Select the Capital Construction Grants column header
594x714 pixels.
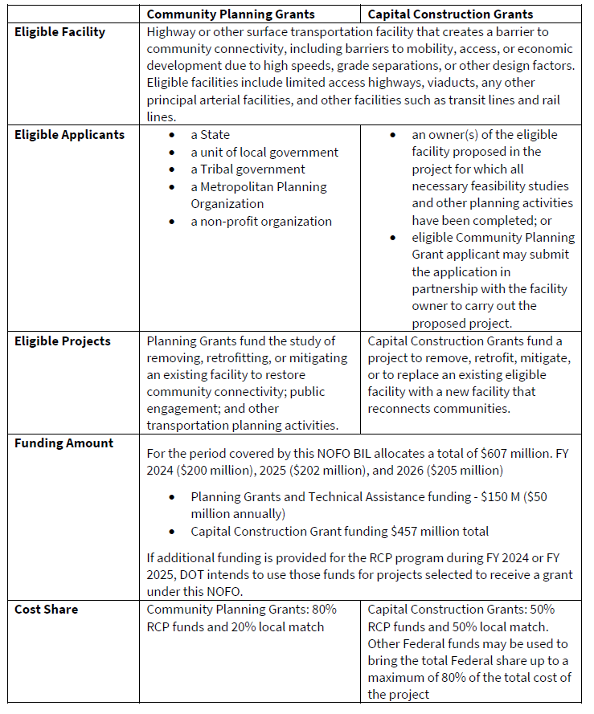[450, 14]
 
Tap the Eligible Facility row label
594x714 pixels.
[59, 32]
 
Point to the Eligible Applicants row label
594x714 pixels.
[69, 135]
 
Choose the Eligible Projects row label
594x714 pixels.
[63, 341]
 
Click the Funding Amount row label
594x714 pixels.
[63, 443]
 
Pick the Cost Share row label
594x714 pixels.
[46, 610]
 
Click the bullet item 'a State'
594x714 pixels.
[210, 135]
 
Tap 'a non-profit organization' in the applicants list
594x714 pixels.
[260, 221]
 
